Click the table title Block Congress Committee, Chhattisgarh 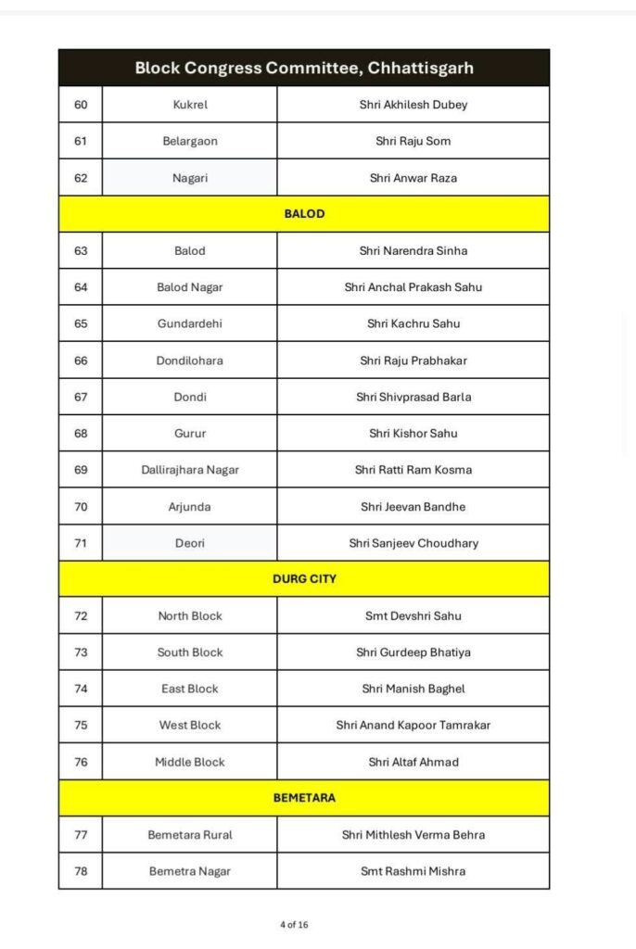[x=304, y=68]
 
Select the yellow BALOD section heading [x=304, y=214]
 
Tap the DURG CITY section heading [x=304, y=579]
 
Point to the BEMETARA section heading [x=304, y=798]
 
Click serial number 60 [x=81, y=105]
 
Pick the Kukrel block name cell [x=190, y=105]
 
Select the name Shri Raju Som [x=413, y=141]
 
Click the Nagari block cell [x=190, y=178]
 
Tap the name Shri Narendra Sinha [x=413, y=251]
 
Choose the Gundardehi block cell [x=190, y=323]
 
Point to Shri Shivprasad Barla [x=413, y=397]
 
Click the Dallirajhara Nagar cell [x=190, y=470]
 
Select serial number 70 [x=81, y=507]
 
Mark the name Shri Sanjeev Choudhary [x=413, y=543]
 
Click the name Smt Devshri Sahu [x=413, y=616]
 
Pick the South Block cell [x=190, y=652]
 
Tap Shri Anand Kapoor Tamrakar [x=413, y=726]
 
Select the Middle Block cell [x=190, y=762]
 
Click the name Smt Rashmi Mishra [x=413, y=871]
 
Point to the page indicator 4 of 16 [x=294, y=925]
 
